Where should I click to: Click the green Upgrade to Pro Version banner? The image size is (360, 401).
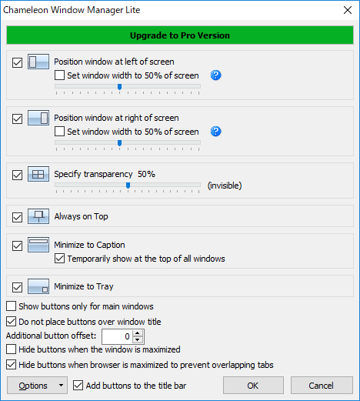coord(180,35)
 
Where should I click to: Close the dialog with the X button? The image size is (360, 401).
coord(348,10)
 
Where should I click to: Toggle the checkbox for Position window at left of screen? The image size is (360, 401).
coord(17,62)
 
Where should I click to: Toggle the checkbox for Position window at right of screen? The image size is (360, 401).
coord(17,119)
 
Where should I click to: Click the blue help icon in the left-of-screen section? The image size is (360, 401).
coord(216,75)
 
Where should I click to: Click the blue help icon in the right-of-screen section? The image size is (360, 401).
coord(216,132)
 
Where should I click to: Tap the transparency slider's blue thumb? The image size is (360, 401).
coord(128,185)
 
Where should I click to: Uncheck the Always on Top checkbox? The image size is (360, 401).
coord(17,217)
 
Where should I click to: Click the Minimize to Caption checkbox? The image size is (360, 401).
coord(17,246)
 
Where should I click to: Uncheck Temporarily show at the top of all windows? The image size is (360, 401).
coord(59,259)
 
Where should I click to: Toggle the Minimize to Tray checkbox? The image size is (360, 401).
coord(17,287)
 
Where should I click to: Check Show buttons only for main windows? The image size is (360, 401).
coord(11,306)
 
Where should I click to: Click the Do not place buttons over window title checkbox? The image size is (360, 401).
coord(11,322)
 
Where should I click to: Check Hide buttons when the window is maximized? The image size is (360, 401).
coord(11,349)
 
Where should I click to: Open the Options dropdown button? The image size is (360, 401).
coord(37,385)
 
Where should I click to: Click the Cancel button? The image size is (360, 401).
coord(322,385)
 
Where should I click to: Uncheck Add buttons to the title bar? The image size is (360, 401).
coord(78,386)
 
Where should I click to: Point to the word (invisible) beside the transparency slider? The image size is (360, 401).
coord(225,185)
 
